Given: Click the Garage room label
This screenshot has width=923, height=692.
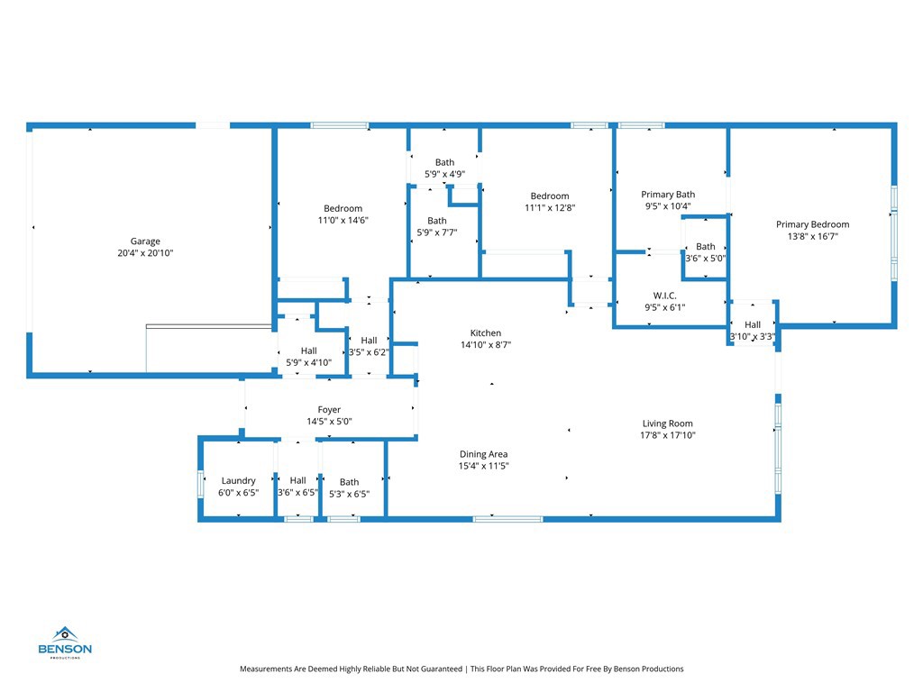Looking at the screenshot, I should pos(145,241).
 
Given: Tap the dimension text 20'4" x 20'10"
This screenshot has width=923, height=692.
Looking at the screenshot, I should pos(145,254).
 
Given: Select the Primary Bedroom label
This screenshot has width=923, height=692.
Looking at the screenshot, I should pos(812,224).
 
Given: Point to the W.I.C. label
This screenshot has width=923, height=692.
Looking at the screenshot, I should pos(665,296).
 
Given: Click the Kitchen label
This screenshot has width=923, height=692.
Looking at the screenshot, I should pos(485,332).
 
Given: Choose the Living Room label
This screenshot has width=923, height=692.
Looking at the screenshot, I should pos(667,423).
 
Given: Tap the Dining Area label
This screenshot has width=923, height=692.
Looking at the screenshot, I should pos(484,454).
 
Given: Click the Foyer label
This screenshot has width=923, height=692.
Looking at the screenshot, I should pos(329,410).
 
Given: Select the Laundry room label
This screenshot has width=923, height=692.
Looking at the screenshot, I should pos(238,481).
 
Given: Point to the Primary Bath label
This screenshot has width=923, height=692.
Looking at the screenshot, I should pos(668,194).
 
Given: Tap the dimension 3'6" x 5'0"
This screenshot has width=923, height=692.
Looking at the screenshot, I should pos(706,259).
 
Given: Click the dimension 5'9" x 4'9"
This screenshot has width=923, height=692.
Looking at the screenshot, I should pos(444,174).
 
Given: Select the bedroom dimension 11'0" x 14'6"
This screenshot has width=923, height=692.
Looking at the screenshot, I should pos(343,221).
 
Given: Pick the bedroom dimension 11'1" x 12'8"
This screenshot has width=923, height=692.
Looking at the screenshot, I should pos(549,208).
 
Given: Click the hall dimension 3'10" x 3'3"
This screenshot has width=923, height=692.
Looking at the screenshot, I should pos(753,337).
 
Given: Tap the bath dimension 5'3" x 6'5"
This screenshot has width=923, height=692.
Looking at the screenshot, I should pos(349,494).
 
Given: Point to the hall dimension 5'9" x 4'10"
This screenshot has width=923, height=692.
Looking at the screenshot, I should pos(308,362).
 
